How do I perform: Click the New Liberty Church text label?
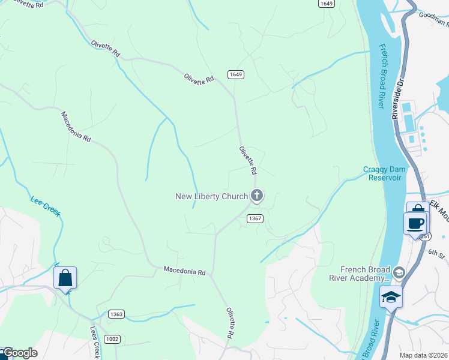(211, 196)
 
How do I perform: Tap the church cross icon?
(257, 195)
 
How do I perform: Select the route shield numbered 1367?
(255, 218)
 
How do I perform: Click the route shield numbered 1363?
(117, 314)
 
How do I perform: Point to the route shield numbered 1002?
(112, 339)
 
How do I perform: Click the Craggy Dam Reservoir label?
(385, 173)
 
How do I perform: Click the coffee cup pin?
(415, 224)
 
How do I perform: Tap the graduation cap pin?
(391, 296)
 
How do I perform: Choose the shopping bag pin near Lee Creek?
(65, 278)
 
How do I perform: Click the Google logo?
(20, 353)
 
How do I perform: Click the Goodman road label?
(434, 20)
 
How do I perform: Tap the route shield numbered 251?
(425, 236)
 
